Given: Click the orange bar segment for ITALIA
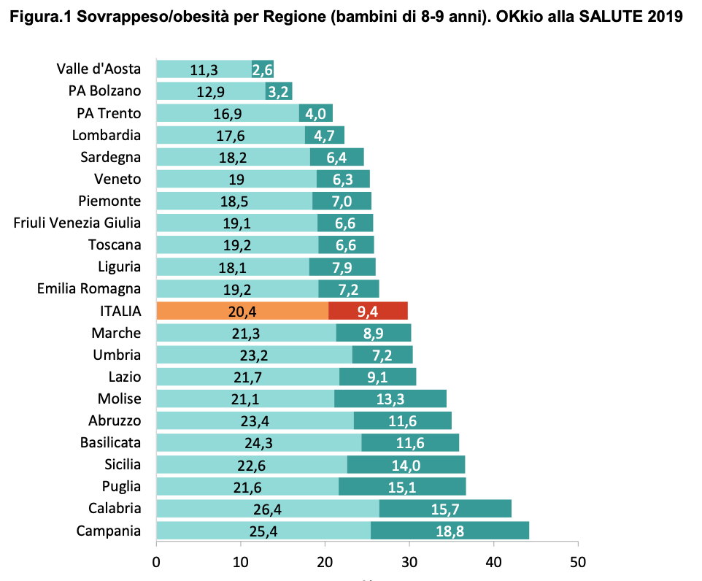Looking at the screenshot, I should (242, 311).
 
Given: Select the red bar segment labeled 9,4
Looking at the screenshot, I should (368, 311).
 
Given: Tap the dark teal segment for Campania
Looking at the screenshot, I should (450, 530).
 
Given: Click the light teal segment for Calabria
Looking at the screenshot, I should (267, 508).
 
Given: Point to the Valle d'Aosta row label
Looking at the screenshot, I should (99, 69).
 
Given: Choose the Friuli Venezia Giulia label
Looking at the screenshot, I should (77, 223).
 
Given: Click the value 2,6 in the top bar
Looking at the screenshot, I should (263, 70).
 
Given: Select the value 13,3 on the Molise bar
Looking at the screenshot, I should (390, 399).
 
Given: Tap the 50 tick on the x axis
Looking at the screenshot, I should (578, 563).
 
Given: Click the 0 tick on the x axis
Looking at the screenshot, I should (156, 563).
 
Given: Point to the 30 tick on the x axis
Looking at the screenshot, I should (409, 563).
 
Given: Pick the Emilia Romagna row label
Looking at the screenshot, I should (89, 288).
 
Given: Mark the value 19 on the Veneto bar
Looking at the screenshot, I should (237, 180).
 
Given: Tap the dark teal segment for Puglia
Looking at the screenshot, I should (402, 486).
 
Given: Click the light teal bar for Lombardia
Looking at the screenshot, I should (231, 135).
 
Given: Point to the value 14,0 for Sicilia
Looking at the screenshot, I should (405, 464).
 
